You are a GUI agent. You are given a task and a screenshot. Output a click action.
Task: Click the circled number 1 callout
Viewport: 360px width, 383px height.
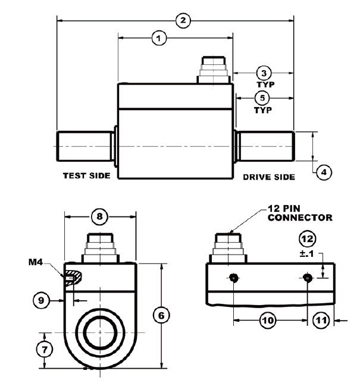(x=158, y=37)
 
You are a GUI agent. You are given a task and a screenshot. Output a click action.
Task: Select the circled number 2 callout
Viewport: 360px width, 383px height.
(x=183, y=20)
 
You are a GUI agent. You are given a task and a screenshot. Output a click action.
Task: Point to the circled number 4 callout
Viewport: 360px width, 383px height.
(x=323, y=172)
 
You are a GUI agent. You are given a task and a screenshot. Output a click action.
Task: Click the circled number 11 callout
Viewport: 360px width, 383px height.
(x=321, y=321)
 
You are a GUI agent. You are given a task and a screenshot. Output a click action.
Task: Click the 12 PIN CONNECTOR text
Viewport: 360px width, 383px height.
(x=300, y=214)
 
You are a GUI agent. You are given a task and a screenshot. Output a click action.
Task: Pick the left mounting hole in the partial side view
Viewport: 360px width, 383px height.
(x=233, y=278)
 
